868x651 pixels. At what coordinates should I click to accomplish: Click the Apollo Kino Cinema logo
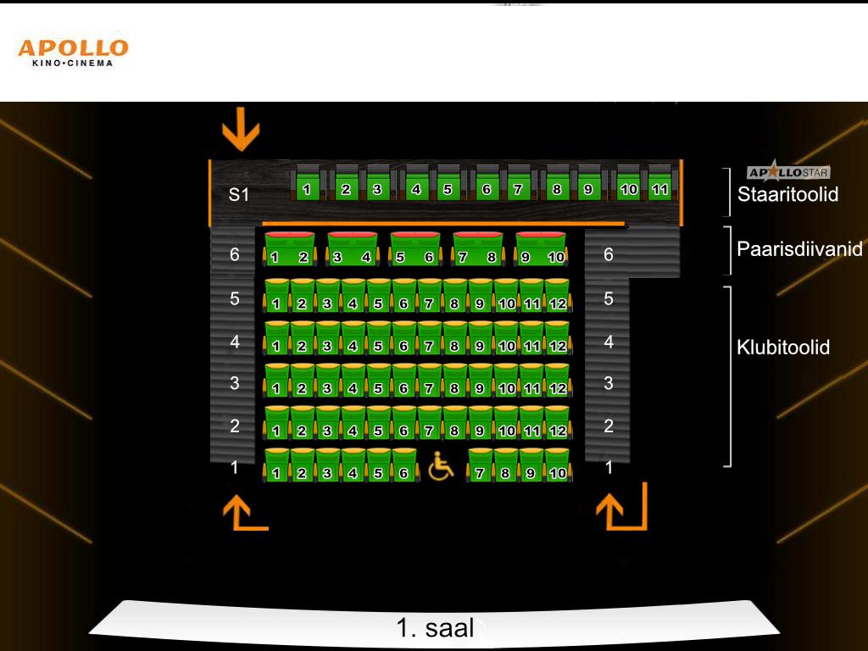point(73,53)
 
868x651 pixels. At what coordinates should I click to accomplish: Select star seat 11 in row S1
point(659,183)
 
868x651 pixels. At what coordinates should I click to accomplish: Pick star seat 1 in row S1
point(306,183)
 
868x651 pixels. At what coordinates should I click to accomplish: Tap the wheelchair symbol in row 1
point(441,465)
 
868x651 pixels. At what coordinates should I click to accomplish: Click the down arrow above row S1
point(241,129)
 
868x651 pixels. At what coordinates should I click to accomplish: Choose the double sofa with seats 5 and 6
point(415,248)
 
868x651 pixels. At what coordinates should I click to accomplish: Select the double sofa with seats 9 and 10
point(540,248)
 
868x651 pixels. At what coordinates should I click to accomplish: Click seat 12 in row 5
point(558,296)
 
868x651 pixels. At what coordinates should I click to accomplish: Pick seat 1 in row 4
point(276,337)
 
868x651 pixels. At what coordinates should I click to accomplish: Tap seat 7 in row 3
point(429,381)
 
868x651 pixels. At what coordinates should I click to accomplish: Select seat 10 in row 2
point(507,423)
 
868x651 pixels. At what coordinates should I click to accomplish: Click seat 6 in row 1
point(404,465)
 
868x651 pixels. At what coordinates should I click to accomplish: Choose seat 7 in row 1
point(481,465)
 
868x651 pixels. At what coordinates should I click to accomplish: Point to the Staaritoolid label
point(787,194)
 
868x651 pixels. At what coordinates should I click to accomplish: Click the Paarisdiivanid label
point(799,248)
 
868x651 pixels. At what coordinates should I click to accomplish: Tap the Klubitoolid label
point(782,347)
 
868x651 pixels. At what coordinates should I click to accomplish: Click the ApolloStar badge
point(787,171)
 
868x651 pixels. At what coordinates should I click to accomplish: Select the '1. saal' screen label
point(435,628)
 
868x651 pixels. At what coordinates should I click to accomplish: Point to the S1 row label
point(238,194)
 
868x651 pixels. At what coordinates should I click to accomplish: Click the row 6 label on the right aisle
point(609,254)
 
